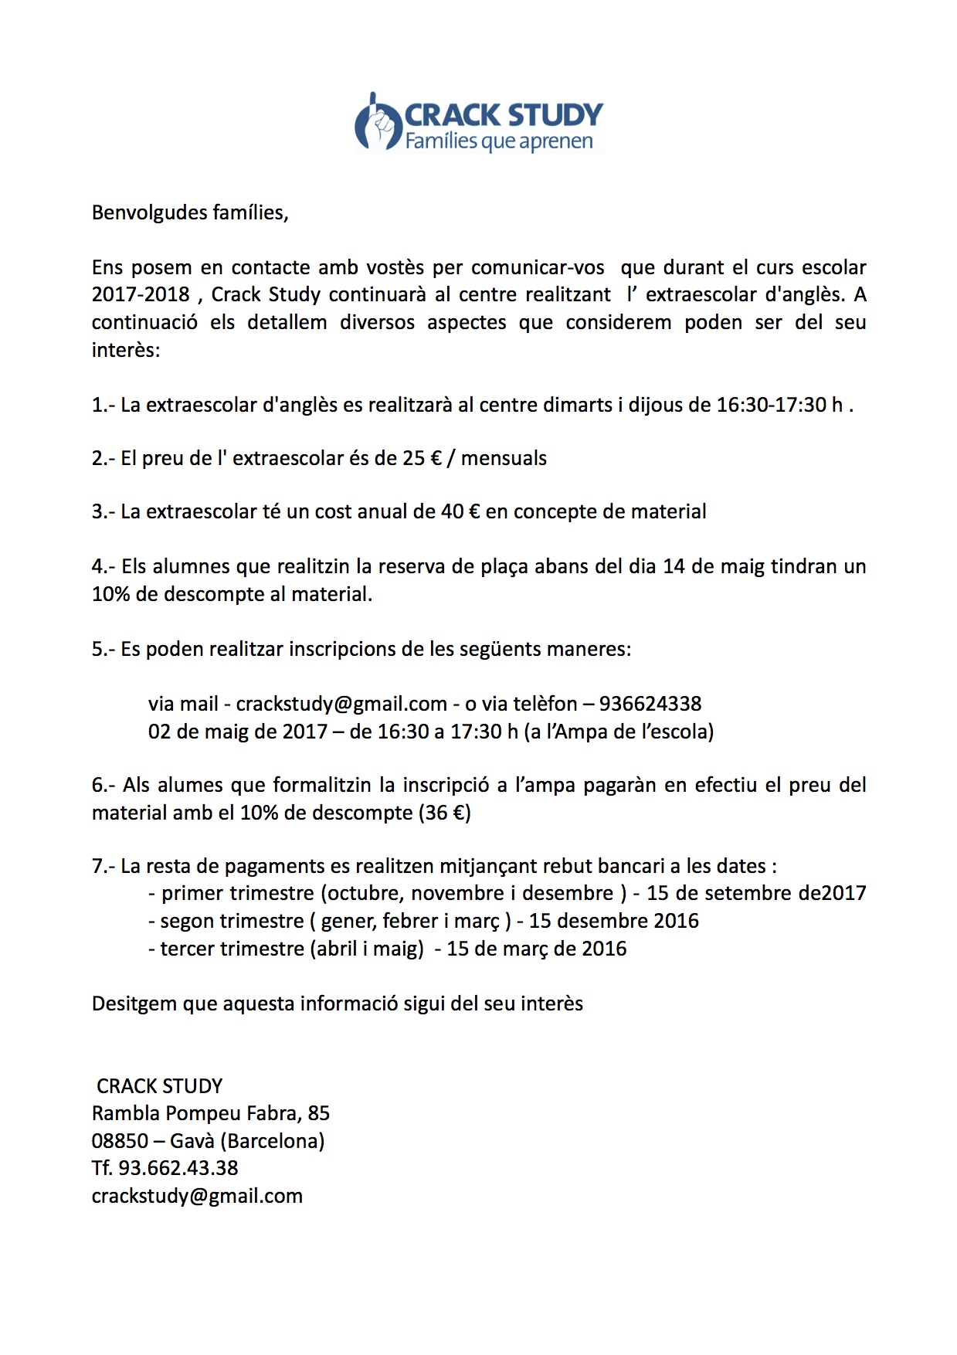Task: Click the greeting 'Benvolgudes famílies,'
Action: click(x=190, y=212)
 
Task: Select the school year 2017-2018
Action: click(x=141, y=294)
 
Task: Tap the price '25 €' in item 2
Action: click(x=423, y=458)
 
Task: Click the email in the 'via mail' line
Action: click(x=341, y=704)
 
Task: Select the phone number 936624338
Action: click(x=650, y=704)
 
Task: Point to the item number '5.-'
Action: click(x=104, y=649)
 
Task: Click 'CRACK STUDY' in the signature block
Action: click(x=159, y=1086)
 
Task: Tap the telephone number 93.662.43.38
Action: click(x=178, y=1168)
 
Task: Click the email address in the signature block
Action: click(x=197, y=1196)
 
